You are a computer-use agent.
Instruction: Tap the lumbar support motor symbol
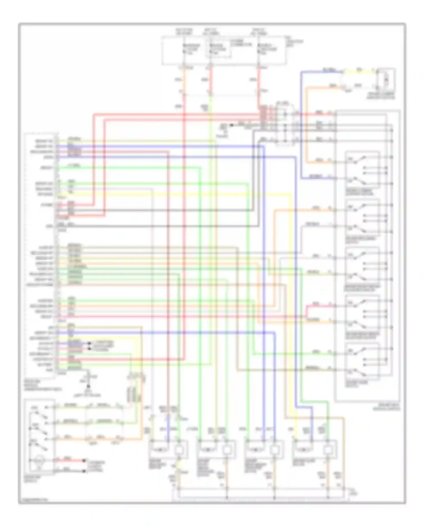pyautogui.click(x=386, y=78)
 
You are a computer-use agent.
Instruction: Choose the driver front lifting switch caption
pyautogui.click(x=363, y=288)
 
